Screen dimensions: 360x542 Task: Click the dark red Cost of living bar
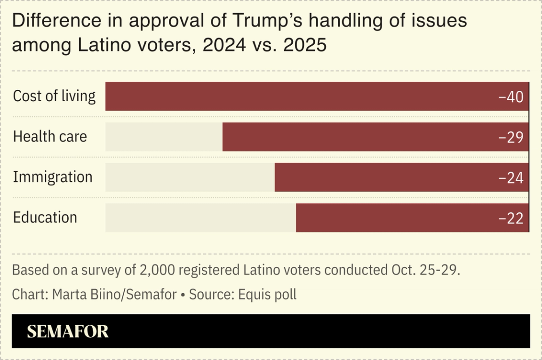click(x=301, y=96)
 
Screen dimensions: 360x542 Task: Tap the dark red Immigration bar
click(x=386, y=177)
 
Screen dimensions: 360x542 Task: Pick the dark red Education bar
click(x=395, y=218)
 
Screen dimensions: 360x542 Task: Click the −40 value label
click(x=511, y=97)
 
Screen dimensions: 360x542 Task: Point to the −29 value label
click(x=511, y=137)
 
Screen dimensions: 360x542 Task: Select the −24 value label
click(x=511, y=178)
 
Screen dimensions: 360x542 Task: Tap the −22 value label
click(x=511, y=218)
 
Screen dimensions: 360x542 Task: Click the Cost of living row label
click(x=54, y=96)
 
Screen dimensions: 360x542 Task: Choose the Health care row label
click(x=50, y=136)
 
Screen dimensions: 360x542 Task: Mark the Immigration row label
click(x=53, y=177)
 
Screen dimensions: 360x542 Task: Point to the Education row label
click(x=45, y=217)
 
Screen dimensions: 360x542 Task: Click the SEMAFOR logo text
click(x=68, y=331)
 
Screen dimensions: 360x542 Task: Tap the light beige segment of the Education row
click(x=200, y=218)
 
